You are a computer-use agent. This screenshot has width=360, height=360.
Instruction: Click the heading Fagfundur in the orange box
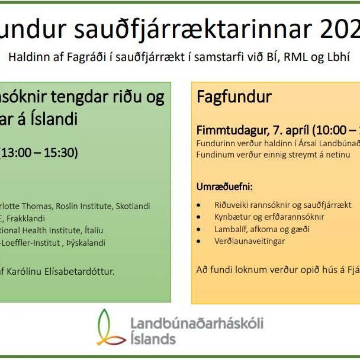coord(226,97)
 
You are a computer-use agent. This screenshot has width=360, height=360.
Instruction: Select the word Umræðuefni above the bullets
coord(224,187)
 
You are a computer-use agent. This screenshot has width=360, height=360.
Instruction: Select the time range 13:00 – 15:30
coord(39,152)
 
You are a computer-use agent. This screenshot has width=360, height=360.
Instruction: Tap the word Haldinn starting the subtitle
coord(26,58)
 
